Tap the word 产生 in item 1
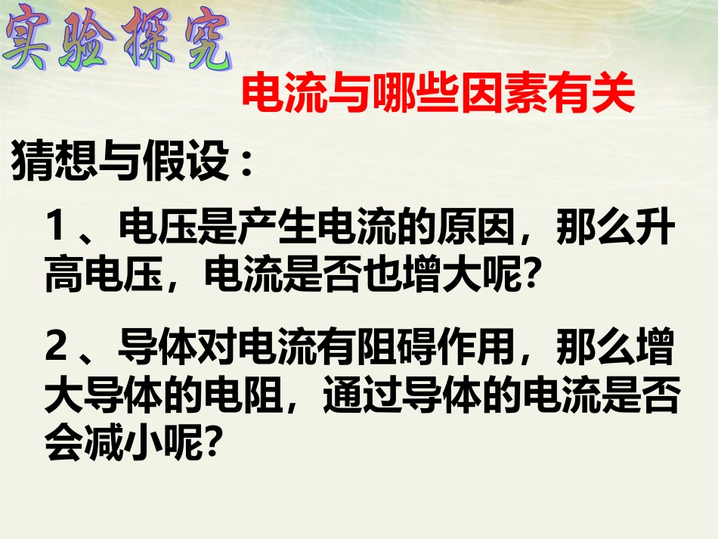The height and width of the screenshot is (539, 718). [280, 228]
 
